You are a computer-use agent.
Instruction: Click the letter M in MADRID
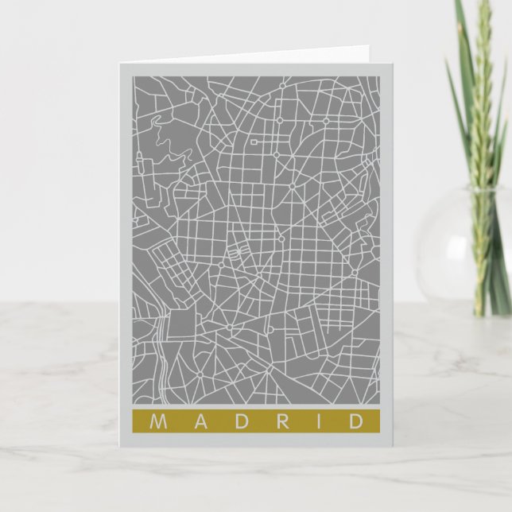point(155,421)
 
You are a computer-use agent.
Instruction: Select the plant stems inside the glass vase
point(482,254)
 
